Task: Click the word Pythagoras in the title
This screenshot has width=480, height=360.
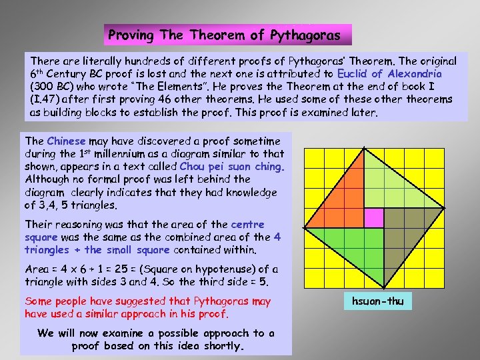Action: [306, 35]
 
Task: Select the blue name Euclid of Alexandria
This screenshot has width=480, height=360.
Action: [389, 73]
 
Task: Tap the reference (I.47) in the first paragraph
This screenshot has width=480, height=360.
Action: [44, 99]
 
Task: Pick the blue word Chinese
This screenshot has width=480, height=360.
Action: [66, 141]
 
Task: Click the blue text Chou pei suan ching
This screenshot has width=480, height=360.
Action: [232, 167]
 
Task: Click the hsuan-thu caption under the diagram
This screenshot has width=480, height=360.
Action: [378, 301]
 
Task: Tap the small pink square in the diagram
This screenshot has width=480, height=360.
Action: [373, 217]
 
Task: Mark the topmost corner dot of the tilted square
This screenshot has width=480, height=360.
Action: [364, 147]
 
